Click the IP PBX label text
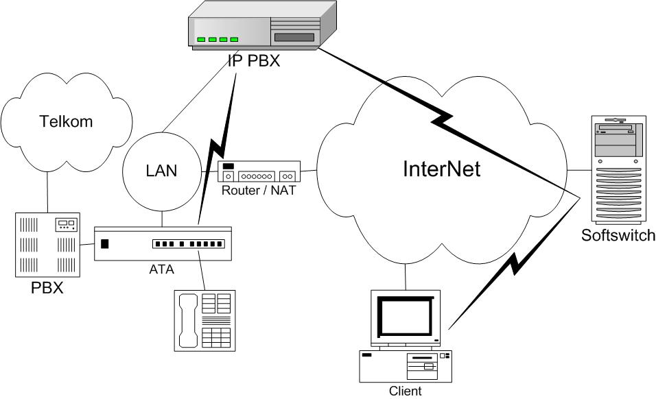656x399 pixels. coord(254,61)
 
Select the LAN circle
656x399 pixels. coord(161,171)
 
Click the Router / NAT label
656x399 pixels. coord(258,190)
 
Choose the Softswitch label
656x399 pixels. coord(618,236)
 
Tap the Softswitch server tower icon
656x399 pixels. coord(617,172)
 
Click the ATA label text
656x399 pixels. coord(161,269)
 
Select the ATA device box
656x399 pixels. coord(163,243)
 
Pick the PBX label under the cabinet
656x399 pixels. coord(47,287)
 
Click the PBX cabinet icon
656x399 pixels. coord(47,244)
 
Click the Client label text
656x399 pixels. coord(405,391)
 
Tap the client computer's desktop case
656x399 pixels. coord(406,366)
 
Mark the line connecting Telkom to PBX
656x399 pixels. coord(47,193)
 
